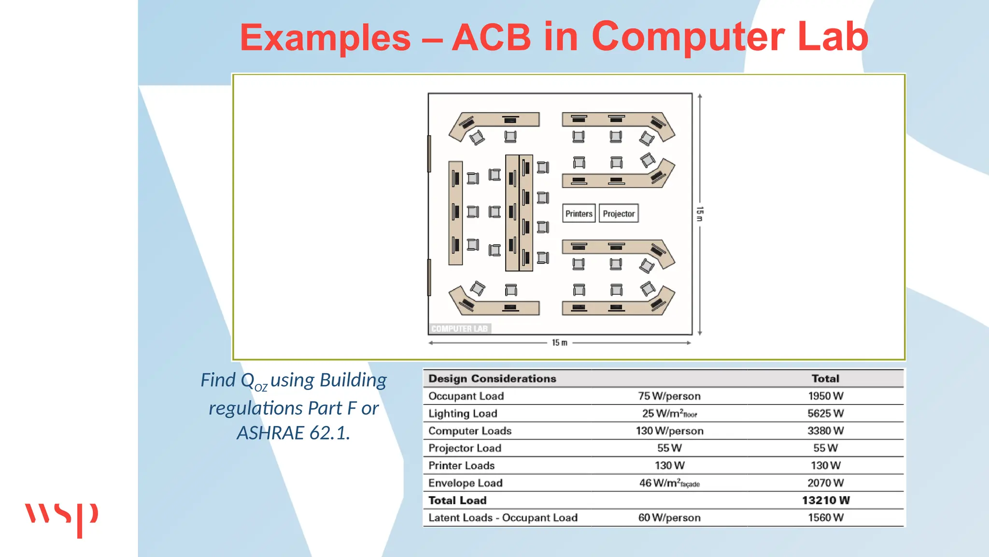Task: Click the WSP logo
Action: pyautogui.click(x=61, y=519)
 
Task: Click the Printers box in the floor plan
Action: pyautogui.click(x=579, y=213)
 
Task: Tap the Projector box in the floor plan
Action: pyautogui.click(x=619, y=213)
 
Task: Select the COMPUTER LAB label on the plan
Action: pyautogui.click(x=459, y=329)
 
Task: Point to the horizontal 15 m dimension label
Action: pyautogui.click(x=559, y=343)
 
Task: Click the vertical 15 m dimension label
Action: pyautogui.click(x=700, y=213)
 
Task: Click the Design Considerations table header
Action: pyautogui.click(x=492, y=379)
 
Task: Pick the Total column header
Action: pyautogui.click(x=825, y=379)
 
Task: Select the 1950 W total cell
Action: pyautogui.click(x=825, y=396)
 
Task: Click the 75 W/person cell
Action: pyautogui.click(x=669, y=396)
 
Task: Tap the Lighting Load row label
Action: pyautogui.click(x=462, y=413)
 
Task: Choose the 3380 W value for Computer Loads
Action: pyautogui.click(x=825, y=431)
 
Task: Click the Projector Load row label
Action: pyautogui.click(x=465, y=448)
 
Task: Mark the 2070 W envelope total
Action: pyautogui.click(x=825, y=483)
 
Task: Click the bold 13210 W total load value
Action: pyautogui.click(x=825, y=500)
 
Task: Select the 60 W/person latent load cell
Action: pyautogui.click(x=669, y=518)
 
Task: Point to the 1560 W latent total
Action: pyautogui.click(x=825, y=518)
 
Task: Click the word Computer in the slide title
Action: pyautogui.click(x=688, y=38)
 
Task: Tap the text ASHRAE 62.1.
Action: pyautogui.click(x=293, y=433)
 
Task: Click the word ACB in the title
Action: pyautogui.click(x=491, y=38)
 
